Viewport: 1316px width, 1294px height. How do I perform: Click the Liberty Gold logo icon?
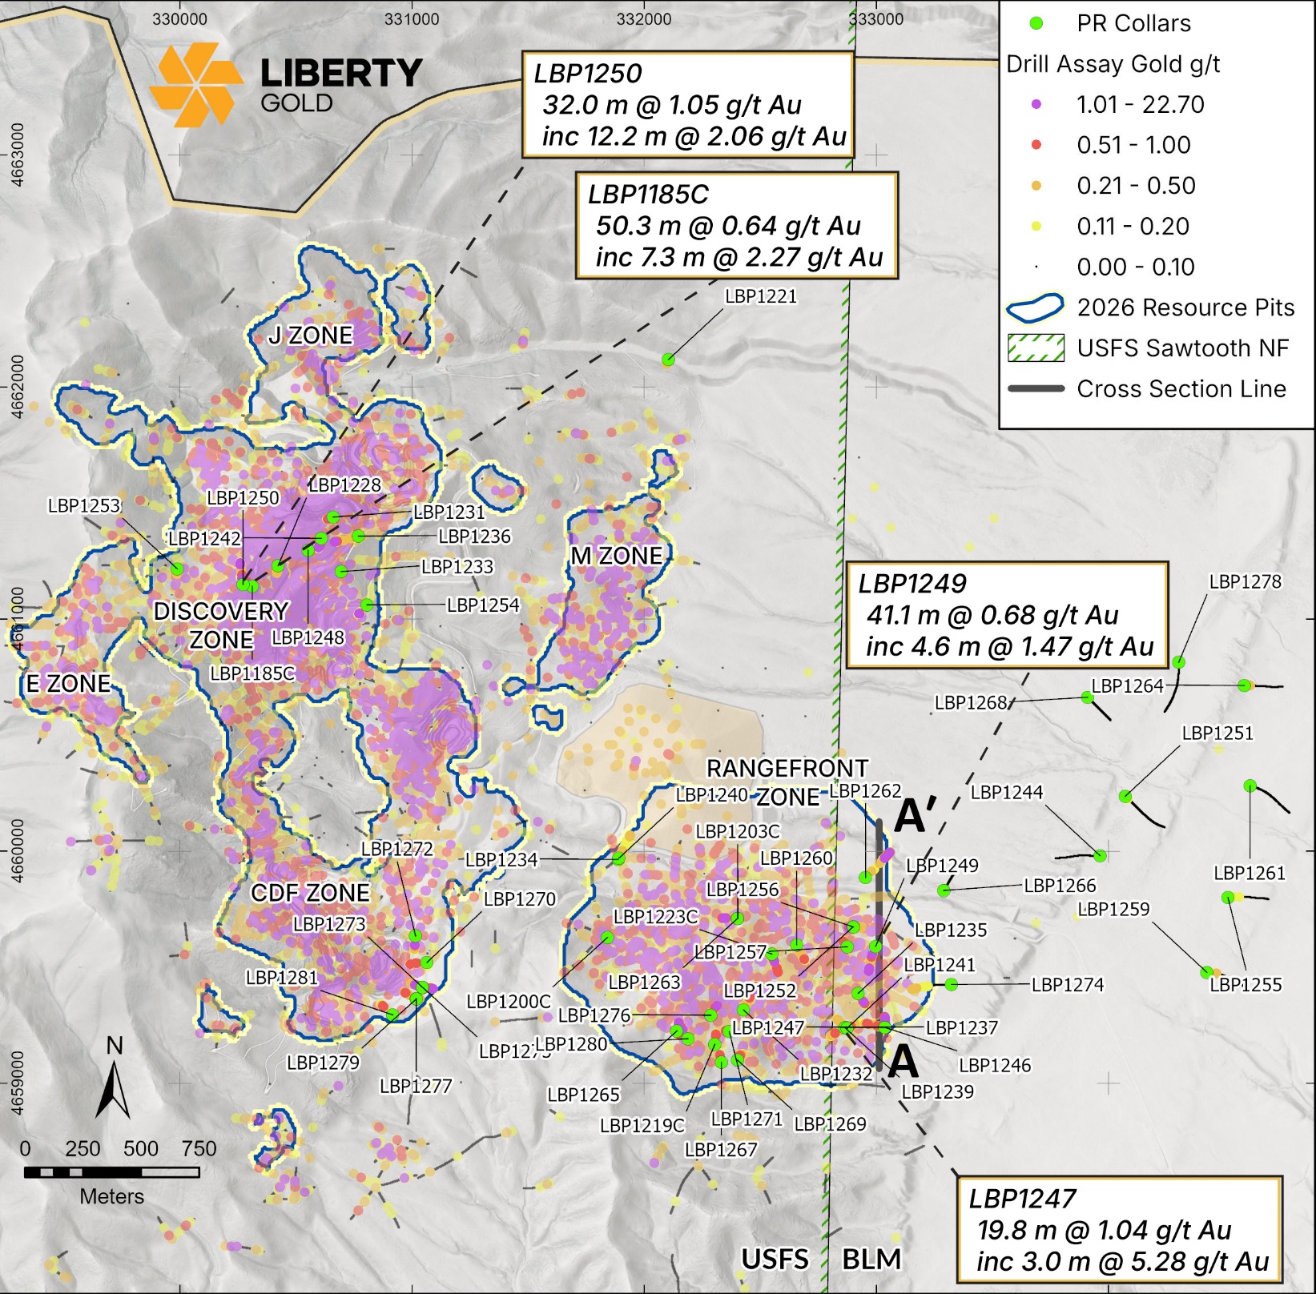tap(195, 85)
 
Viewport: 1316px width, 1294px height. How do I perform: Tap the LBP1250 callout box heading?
tap(588, 74)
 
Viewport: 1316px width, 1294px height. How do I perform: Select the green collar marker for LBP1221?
tap(668, 360)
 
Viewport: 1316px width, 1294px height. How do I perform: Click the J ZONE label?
tap(310, 335)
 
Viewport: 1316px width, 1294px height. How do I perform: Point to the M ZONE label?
tap(616, 555)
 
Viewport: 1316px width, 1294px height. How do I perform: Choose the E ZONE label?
tap(68, 683)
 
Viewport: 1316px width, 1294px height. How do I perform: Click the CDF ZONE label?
tap(310, 892)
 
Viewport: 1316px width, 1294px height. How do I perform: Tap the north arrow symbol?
tap(114, 1081)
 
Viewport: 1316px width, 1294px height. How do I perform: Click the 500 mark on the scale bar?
tap(141, 1148)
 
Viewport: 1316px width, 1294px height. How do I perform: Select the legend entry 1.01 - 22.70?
tap(1139, 105)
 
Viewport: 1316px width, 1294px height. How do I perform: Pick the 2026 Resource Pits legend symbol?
tap(1035, 307)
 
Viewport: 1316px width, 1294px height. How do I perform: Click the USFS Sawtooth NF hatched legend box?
tap(1035, 348)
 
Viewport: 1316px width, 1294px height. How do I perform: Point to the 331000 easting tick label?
tap(412, 19)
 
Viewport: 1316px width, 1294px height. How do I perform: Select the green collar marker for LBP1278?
tap(1178, 662)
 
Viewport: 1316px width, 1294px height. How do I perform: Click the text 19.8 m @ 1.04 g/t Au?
tap(1104, 1229)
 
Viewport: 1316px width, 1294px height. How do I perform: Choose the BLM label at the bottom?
tap(871, 1259)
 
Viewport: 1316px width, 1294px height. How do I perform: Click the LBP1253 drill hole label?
tap(83, 505)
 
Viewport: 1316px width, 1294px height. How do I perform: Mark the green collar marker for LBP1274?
tap(951, 984)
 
